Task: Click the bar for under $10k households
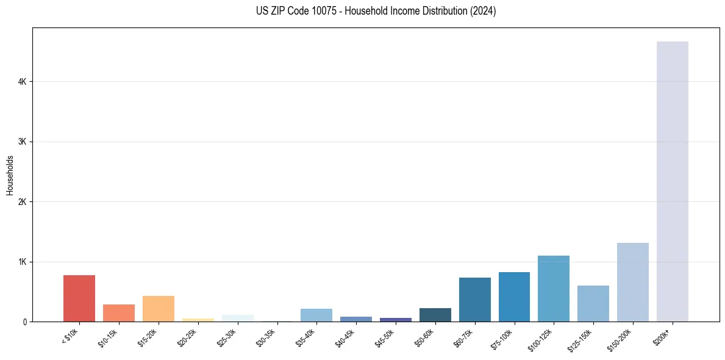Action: [x=79, y=298]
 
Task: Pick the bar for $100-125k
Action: [x=554, y=289]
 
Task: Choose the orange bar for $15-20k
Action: [x=159, y=309]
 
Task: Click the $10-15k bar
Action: [x=119, y=313]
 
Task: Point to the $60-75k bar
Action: [x=474, y=300]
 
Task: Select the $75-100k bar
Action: [x=514, y=297]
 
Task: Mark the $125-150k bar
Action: [x=593, y=303]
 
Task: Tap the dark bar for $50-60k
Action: [x=435, y=315]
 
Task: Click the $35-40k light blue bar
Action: [x=316, y=315]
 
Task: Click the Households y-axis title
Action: [x=10, y=175]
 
